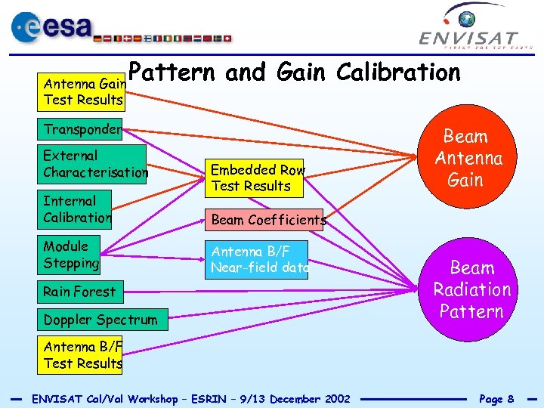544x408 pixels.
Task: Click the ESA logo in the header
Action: click(53, 28)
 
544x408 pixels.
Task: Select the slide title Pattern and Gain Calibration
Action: click(294, 73)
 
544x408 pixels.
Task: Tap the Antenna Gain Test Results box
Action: click(82, 91)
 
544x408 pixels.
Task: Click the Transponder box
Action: click(82, 129)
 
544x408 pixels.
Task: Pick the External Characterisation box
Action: click(94, 164)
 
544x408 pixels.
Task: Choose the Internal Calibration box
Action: click(77, 209)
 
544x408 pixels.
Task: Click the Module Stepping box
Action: click(71, 255)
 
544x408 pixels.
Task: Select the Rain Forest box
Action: click(79, 292)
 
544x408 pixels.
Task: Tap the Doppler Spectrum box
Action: click(100, 320)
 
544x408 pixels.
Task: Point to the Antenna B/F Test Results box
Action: click(82, 355)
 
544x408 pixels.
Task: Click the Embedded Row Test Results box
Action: click(256, 178)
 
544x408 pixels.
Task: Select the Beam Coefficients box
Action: click(266, 220)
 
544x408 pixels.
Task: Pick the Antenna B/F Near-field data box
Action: click(258, 259)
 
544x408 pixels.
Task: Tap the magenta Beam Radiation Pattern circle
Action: click(471, 289)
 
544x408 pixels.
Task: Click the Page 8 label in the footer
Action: click(496, 398)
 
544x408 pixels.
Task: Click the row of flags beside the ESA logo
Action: click(163, 37)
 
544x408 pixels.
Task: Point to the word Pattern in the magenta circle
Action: click(471, 311)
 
